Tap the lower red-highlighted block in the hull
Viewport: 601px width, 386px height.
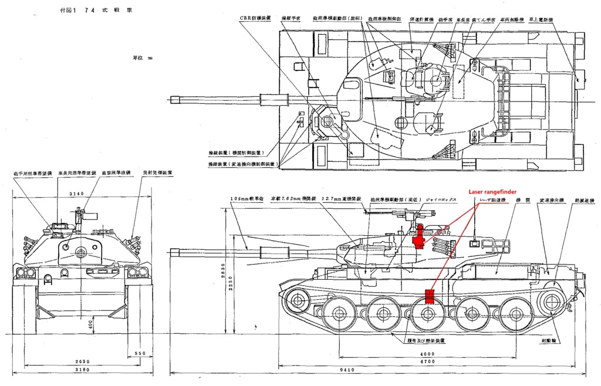pyautogui.click(x=429, y=296)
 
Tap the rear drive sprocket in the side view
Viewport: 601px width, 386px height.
pyautogui.click(x=550, y=302)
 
